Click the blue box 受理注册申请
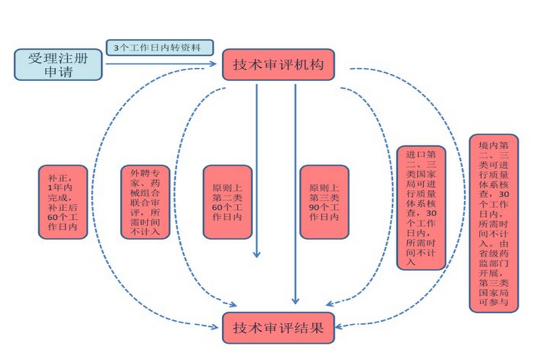[59, 64]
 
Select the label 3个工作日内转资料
[161, 48]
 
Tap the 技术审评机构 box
[279, 65]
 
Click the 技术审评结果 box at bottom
[279, 328]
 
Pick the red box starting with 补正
[63, 201]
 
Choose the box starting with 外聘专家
[145, 201]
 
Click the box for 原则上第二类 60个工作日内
[227, 201]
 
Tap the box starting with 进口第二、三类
[421, 207]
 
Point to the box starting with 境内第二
[494, 222]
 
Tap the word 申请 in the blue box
[59, 72]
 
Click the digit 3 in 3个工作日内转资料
[116, 48]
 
